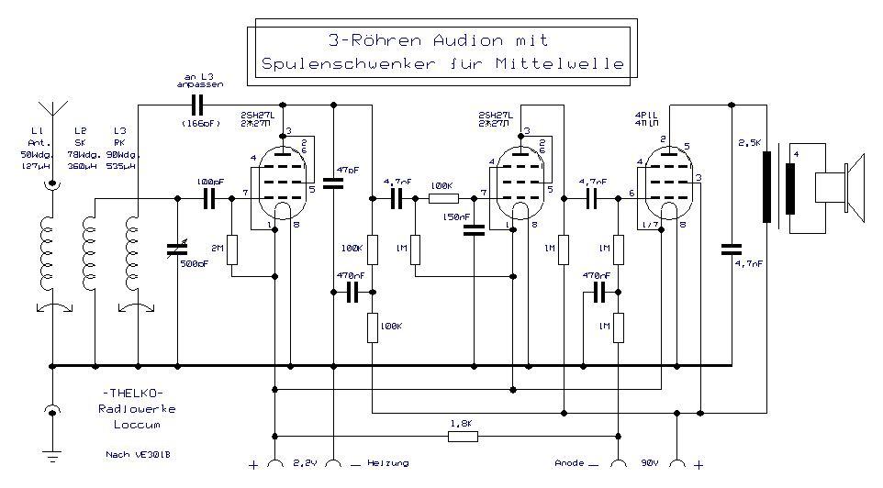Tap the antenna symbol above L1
pos(53,112)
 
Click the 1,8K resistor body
pos(463,437)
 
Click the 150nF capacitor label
pos(456,216)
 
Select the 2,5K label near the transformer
pos(750,143)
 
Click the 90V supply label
pos(649,464)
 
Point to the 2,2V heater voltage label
pos(304,464)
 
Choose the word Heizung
pos(387,464)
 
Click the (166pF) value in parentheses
pos(196,122)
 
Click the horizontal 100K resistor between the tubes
pos(443,197)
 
